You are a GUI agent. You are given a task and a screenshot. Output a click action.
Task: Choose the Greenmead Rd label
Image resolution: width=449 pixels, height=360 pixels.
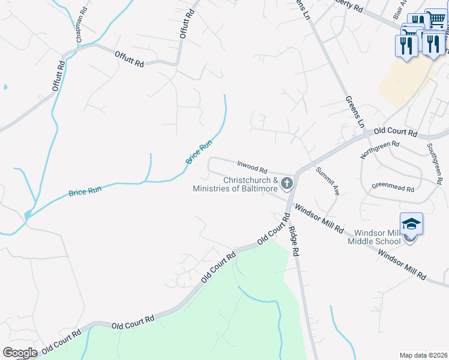coord(393,188)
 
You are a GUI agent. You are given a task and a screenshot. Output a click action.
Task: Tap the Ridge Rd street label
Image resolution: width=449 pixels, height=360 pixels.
coord(294,242)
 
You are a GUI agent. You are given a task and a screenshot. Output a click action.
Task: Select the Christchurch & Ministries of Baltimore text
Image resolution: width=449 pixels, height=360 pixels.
coord(235,184)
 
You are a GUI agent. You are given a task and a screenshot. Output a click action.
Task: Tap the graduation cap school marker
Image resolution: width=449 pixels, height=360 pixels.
coord(411,224)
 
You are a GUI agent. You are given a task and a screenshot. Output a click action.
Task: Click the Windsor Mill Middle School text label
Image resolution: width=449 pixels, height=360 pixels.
coord(377,237)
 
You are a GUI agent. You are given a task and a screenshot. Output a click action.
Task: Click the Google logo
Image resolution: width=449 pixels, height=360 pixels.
coord(20,352)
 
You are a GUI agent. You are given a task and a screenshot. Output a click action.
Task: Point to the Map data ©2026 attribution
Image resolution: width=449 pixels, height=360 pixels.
coord(423,355)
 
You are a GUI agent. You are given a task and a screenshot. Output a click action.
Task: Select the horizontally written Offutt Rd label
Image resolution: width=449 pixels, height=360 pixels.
coord(130,59)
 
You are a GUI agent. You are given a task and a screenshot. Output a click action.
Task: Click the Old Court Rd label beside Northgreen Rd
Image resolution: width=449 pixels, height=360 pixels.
coord(395,131)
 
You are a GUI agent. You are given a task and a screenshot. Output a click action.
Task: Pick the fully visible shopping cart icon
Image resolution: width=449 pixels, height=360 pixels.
coord(436,20)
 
